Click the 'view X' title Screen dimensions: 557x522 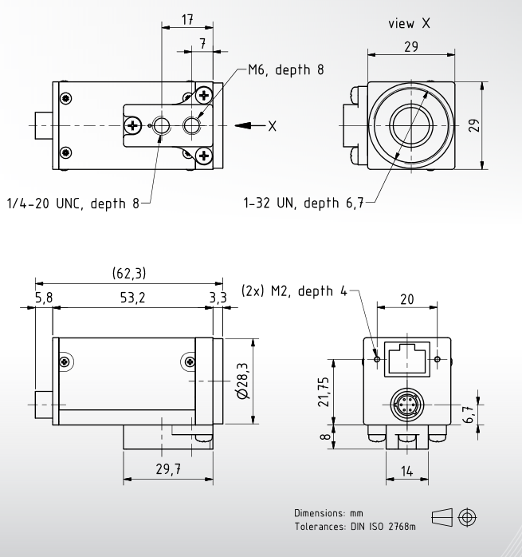click(410, 24)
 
